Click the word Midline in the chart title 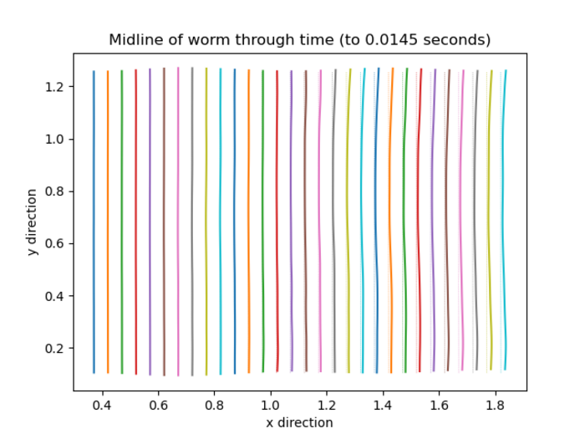click(133, 39)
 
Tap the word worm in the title click(193, 39)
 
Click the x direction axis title click(299, 422)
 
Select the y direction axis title click(32, 222)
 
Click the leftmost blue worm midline click(94, 222)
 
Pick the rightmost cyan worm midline click(504, 222)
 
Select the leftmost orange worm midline click(108, 222)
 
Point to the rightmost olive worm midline click(490, 222)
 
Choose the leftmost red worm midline click(136, 222)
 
